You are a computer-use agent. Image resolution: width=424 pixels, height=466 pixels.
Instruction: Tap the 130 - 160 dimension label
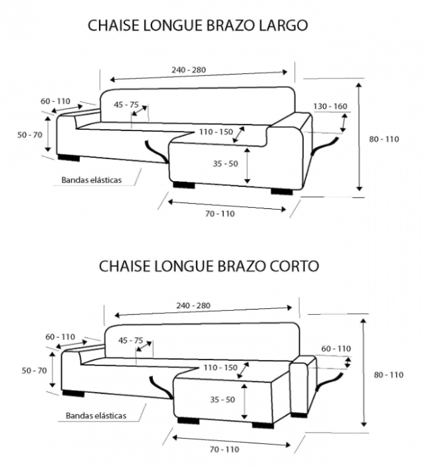[330, 107]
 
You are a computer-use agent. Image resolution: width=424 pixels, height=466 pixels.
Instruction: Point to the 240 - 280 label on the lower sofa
[194, 306]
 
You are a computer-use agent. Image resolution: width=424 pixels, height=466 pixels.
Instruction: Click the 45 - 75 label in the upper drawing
[126, 105]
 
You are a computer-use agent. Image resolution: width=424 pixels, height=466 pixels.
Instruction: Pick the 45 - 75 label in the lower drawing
[130, 340]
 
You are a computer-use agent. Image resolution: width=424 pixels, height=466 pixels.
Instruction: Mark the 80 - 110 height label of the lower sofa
[389, 375]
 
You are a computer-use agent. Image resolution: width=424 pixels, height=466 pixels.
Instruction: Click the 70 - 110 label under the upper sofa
[220, 214]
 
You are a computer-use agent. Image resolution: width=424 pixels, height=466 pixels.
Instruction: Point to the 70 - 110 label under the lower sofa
[225, 450]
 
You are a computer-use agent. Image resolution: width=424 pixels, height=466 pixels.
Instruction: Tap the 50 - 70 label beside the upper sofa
[29, 134]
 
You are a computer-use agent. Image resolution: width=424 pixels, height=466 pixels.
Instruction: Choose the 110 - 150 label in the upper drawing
[215, 132]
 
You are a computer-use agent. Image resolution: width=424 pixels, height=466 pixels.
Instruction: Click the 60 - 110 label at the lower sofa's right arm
[336, 348]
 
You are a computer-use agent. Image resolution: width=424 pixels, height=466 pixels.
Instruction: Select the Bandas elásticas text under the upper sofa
[92, 180]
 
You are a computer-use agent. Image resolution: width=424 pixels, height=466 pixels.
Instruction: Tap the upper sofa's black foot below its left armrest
[68, 158]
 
